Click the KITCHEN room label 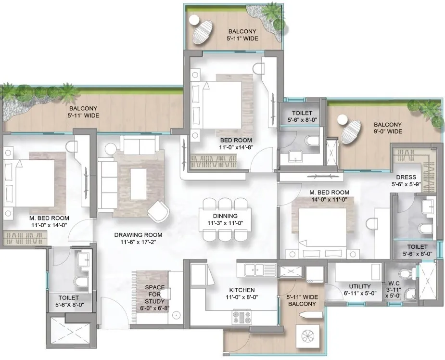pos(242,290)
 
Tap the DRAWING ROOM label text pos(138,235)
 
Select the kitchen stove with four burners pos(242,318)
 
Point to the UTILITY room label pos(359,286)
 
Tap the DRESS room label pos(406,177)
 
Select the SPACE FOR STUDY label pos(155,295)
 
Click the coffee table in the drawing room pos(138,180)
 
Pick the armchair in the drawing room pos(158,211)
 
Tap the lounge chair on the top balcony pos(203,31)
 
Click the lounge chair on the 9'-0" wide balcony pos(351,132)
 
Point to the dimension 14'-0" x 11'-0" pos(329,200)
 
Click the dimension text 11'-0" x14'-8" pos(236,147)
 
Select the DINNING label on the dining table pos(225,216)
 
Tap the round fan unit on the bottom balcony pos(308,336)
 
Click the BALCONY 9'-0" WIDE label pos(388,128)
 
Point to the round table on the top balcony pos(194,20)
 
